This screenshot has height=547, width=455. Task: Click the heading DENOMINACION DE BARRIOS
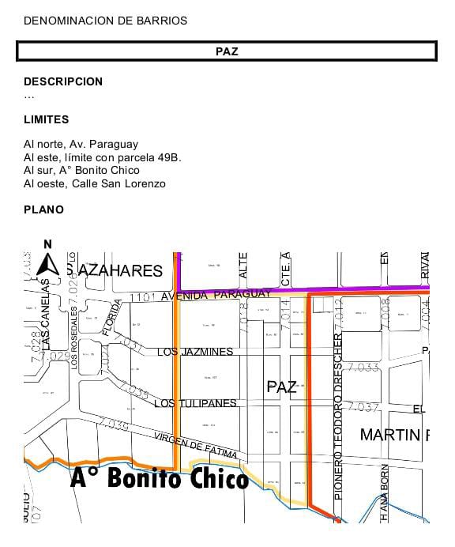click(x=105, y=21)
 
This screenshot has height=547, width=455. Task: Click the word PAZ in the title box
click(x=227, y=51)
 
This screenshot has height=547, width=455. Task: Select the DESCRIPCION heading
click(x=63, y=81)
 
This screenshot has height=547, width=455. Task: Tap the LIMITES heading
click(x=46, y=120)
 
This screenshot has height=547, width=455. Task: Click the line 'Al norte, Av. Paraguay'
click(x=81, y=145)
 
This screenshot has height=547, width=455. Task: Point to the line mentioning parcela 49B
click(x=103, y=157)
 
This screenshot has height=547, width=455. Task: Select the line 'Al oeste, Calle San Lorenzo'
click(x=95, y=183)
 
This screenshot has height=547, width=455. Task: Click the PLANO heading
click(x=43, y=210)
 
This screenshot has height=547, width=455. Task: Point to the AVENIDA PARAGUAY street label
click(x=215, y=296)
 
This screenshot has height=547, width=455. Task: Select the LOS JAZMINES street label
click(x=195, y=352)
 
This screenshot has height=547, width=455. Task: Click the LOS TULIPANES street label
click(x=195, y=404)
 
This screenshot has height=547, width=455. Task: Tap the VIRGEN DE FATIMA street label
click(x=195, y=444)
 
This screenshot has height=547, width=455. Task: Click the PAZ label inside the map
click(x=282, y=387)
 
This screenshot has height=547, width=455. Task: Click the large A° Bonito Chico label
click(x=160, y=477)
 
